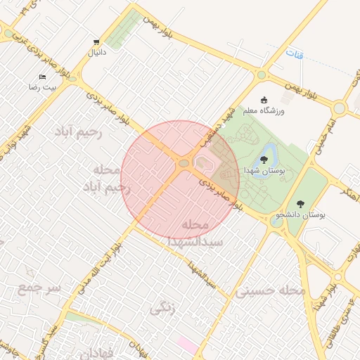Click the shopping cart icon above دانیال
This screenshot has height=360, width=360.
click(x=96, y=42)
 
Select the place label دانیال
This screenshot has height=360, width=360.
click(x=96, y=53)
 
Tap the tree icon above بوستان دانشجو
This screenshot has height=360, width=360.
click(x=300, y=204)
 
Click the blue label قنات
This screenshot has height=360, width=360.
click(x=295, y=54)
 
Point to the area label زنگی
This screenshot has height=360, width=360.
click(x=162, y=307)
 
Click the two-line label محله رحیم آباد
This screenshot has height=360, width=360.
click(x=105, y=179)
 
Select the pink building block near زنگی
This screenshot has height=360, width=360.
click(x=186, y=345)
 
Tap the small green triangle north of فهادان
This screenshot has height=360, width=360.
click(x=78, y=318)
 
